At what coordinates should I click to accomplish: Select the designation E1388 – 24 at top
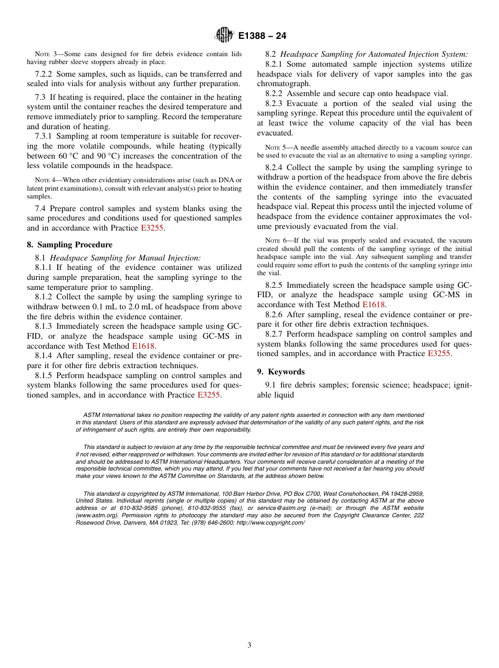[262, 36]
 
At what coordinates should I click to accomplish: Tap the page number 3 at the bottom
[250, 645]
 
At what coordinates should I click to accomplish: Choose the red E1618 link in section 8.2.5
[373, 305]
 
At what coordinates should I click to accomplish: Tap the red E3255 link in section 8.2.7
[439, 353]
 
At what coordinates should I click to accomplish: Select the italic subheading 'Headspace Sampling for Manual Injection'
[125, 257]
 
